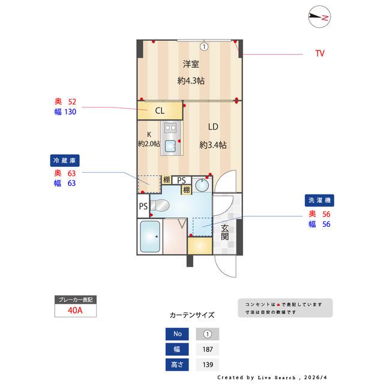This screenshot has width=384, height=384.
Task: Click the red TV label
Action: pos(320,53)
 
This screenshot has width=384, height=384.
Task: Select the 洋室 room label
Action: pos(191,64)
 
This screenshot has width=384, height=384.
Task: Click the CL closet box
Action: pos(160,110)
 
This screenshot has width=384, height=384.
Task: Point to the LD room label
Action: pos(213,127)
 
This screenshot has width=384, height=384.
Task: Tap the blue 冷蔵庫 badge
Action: pos(65,160)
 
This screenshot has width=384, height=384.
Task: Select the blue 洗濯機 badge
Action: pos(319,199)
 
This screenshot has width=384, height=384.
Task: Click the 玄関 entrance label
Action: pos(224,232)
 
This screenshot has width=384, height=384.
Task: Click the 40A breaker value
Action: pos(74,311)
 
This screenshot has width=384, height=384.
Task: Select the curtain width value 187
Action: pos(208,349)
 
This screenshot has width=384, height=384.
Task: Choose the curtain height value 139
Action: pos(208,365)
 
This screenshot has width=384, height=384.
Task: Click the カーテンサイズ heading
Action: pos(192,314)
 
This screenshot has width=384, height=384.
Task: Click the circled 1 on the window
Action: pos(204,46)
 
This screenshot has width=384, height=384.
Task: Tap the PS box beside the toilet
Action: pos(143,206)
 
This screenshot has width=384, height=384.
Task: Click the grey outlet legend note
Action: pos(284,308)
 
